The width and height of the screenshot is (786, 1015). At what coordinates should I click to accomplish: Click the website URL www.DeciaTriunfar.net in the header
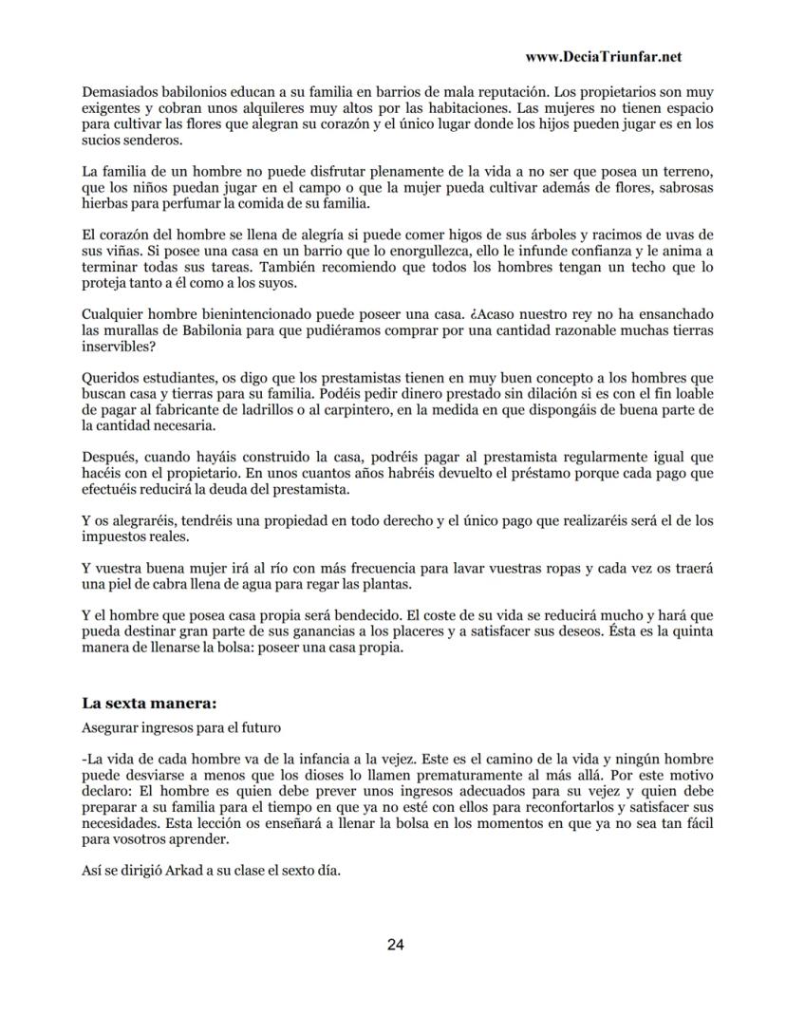click(603, 57)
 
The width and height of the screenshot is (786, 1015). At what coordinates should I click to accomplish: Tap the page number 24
click(396, 944)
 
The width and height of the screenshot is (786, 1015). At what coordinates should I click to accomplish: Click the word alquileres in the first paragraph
click(262, 108)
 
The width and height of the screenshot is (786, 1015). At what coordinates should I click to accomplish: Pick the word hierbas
click(106, 203)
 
